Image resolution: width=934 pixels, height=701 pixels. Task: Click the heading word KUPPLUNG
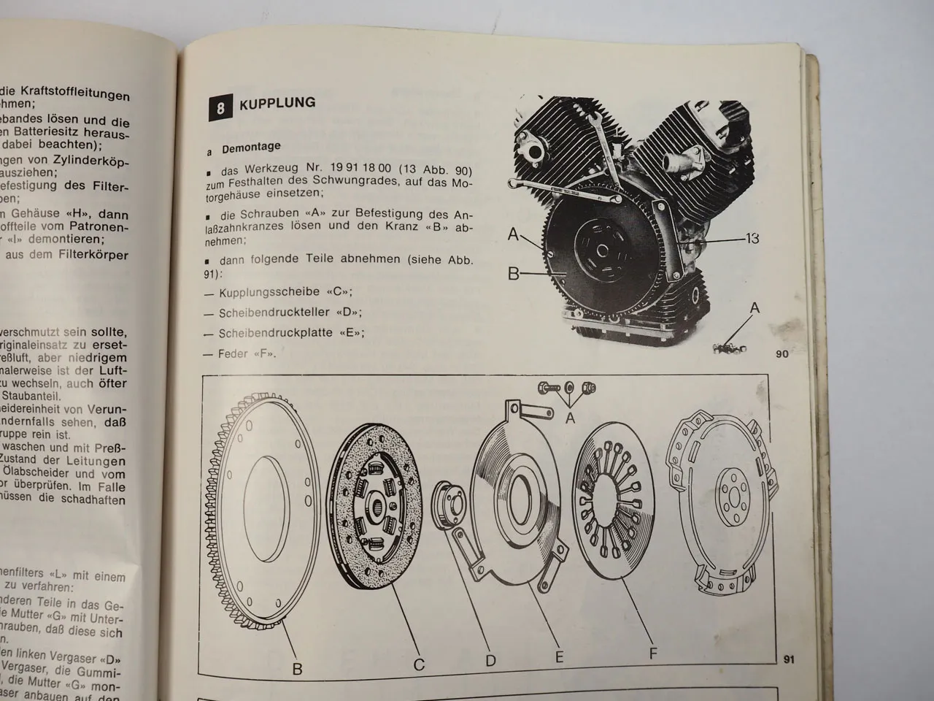[277, 104]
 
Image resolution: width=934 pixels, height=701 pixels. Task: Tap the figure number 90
[781, 356]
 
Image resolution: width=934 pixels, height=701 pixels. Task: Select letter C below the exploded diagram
[419, 665]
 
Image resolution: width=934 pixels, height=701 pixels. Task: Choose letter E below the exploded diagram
[559, 657]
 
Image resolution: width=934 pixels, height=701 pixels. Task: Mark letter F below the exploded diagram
[654, 654]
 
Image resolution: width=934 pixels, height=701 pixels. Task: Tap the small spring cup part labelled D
[448, 504]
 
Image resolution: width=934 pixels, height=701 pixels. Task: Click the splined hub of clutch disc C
[379, 503]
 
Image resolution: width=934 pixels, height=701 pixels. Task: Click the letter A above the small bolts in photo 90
[755, 309]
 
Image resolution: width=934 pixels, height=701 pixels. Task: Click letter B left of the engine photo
[513, 275]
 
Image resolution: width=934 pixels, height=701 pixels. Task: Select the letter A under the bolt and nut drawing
[571, 418]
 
